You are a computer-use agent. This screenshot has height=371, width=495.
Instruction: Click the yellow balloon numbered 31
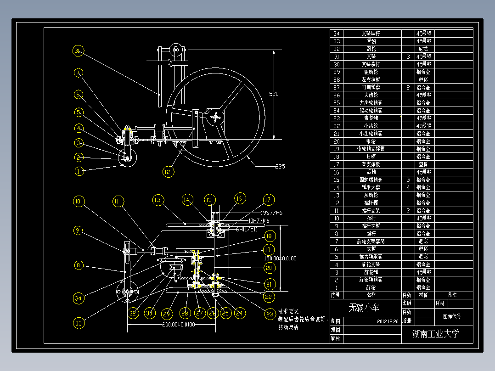click(78, 51)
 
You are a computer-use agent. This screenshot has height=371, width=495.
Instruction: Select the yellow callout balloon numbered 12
click(168, 172)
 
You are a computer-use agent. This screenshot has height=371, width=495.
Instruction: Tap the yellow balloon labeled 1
click(79, 171)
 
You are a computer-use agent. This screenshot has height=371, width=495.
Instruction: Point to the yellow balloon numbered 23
click(269, 314)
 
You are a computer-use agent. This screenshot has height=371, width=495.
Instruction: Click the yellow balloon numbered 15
click(209, 200)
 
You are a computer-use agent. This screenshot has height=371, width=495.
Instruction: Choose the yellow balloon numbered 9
click(79, 230)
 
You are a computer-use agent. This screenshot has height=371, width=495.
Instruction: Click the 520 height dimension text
click(274, 94)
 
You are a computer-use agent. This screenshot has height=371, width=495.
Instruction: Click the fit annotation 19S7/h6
click(272, 213)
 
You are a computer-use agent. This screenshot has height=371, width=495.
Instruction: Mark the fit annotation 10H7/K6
click(259, 220)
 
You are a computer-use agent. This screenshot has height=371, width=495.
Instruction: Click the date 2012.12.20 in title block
click(388, 321)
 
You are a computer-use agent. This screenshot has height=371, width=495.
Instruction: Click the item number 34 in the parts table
click(337, 34)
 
